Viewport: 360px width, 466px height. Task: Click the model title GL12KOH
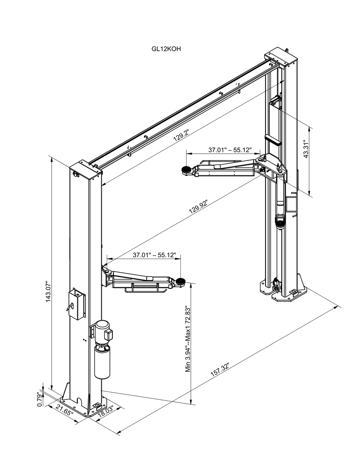(x=166, y=49)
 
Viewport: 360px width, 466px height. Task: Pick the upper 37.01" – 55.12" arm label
(x=229, y=150)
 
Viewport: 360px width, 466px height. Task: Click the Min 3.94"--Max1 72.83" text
(x=189, y=339)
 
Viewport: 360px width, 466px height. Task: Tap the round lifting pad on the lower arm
(x=181, y=282)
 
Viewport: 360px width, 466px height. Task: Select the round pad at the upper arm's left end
(x=185, y=170)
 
